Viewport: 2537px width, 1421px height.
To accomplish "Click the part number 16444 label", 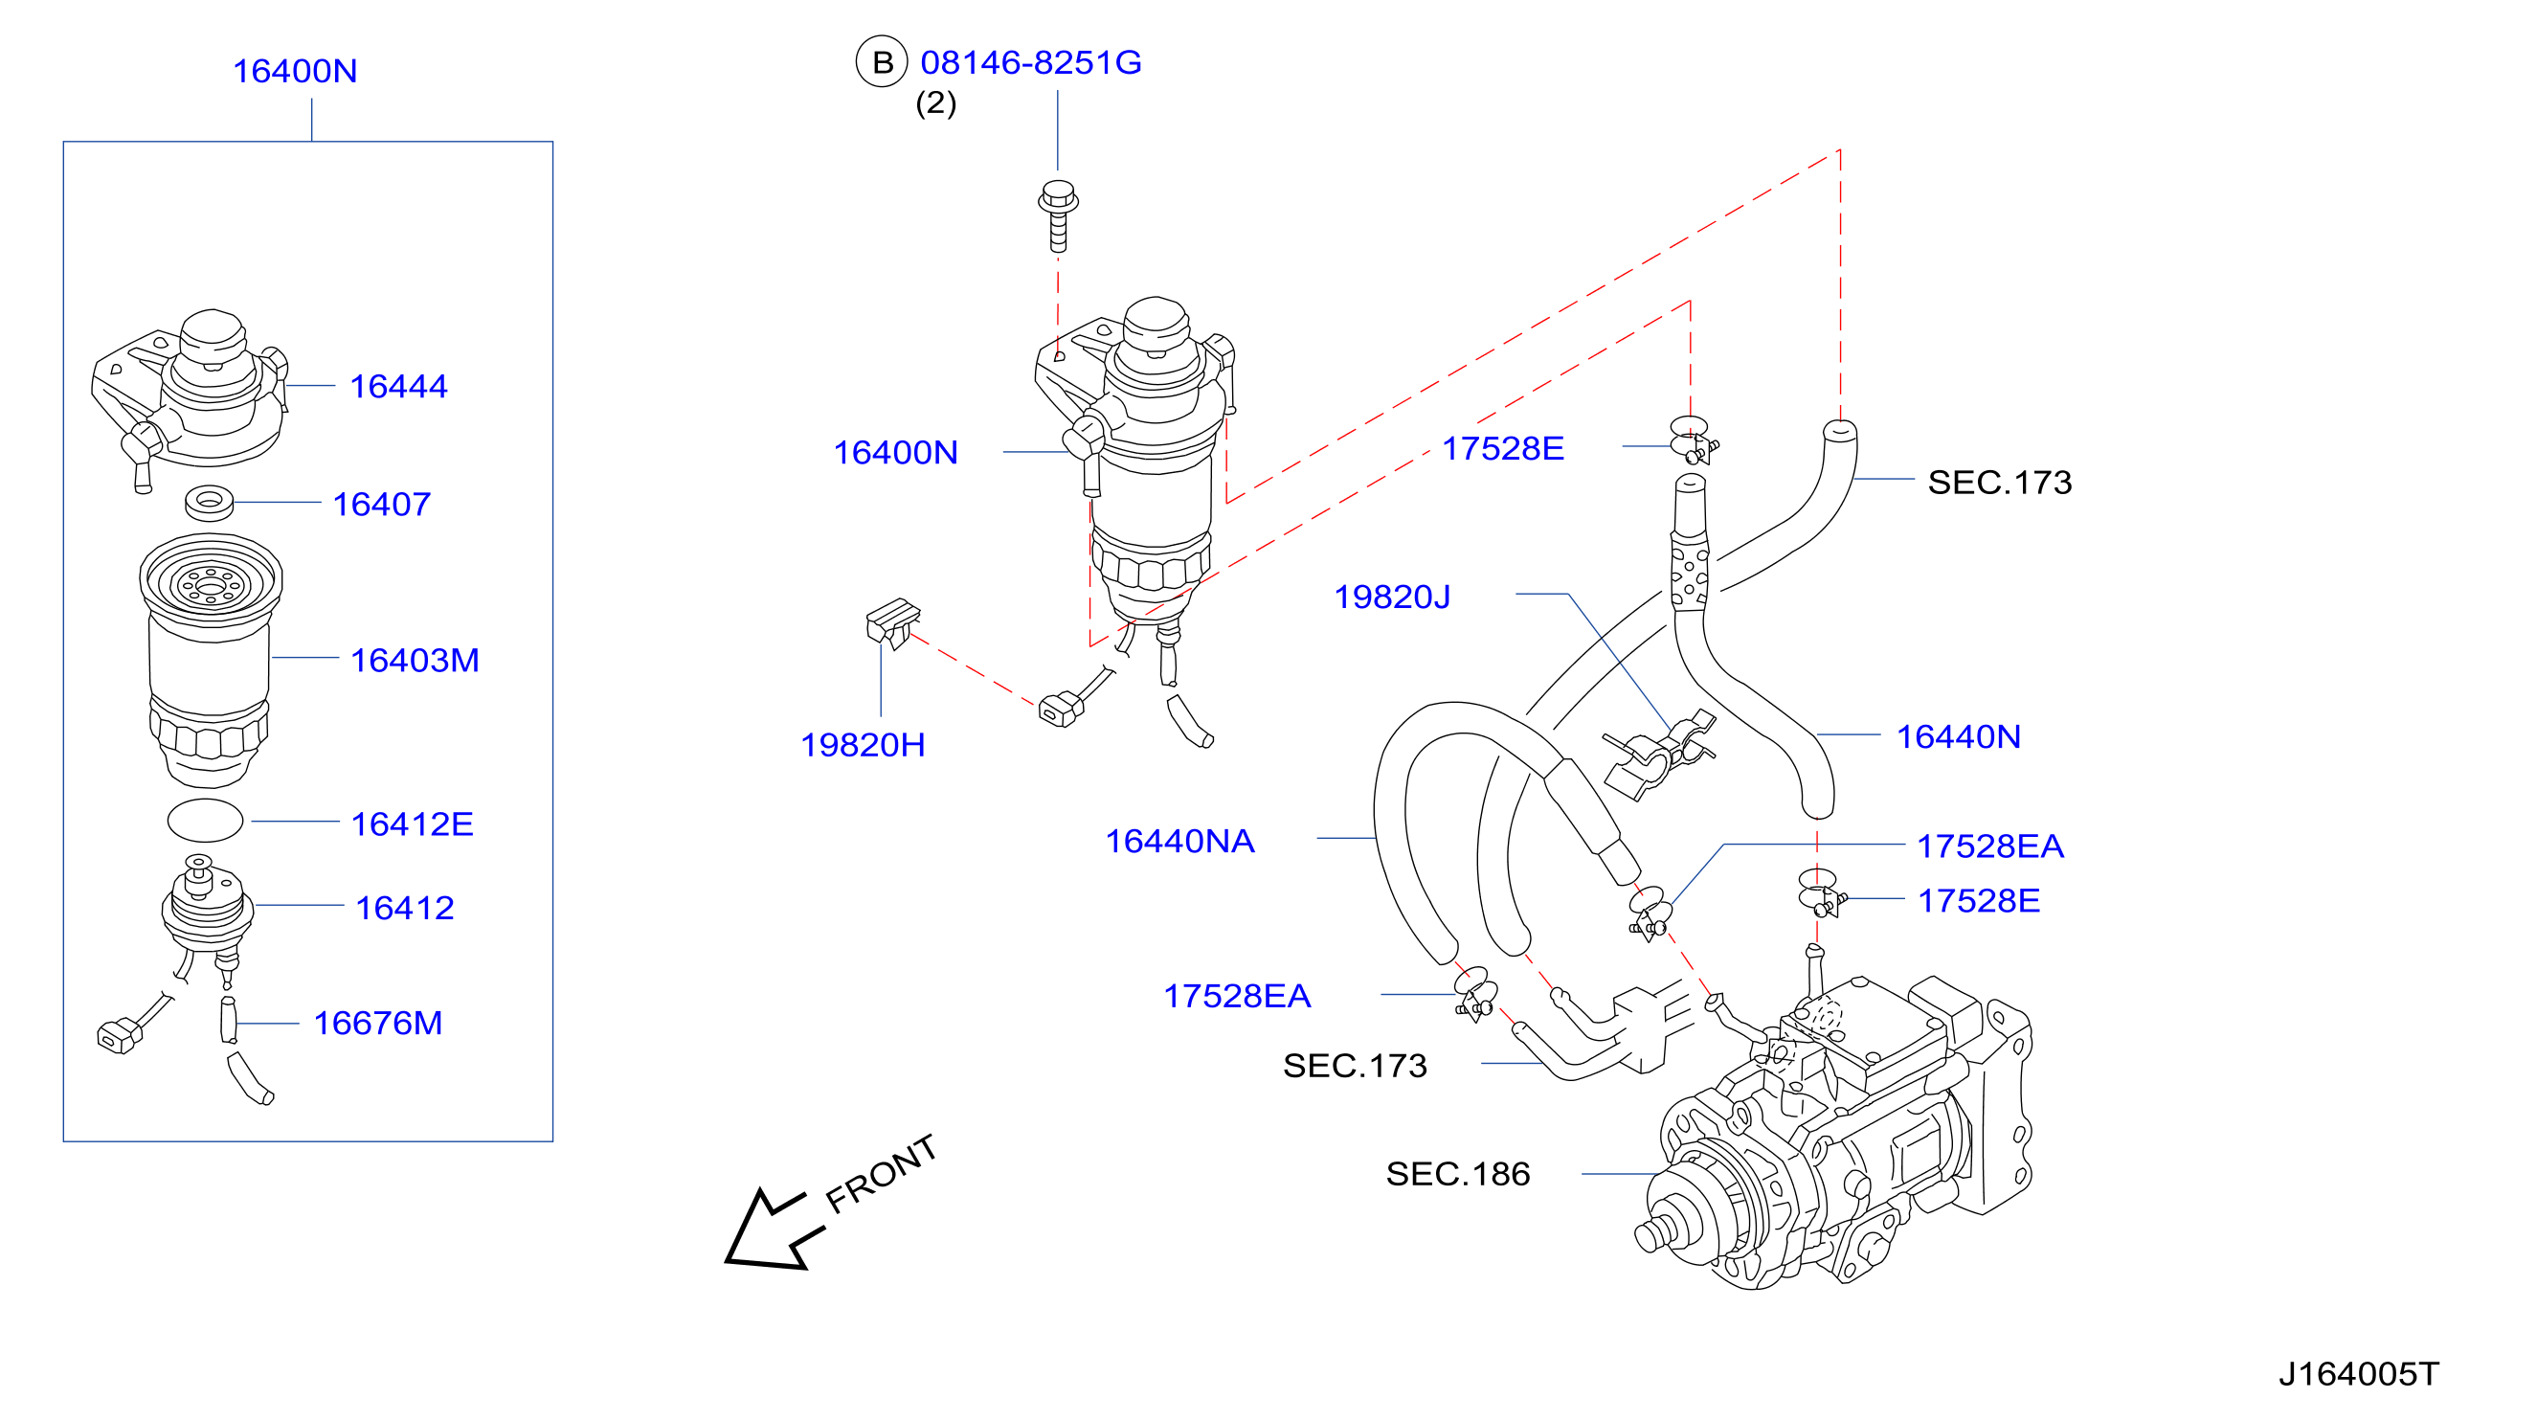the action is [398, 386].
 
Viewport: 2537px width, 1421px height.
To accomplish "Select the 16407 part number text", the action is [381, 505].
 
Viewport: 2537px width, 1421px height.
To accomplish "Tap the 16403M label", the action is [415, 660].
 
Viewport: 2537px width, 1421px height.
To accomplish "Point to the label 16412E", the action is [412, 823].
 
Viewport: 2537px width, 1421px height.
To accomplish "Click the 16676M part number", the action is [377, 1024].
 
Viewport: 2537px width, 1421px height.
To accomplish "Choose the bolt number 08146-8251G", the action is [1030, 62].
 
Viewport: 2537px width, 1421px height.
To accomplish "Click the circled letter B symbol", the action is [882, 62].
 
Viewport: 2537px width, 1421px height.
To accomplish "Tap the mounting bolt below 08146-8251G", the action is [1058, 215].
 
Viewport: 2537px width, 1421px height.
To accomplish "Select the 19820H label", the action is [863, 744].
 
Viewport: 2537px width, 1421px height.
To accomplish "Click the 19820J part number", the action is [1392, 597].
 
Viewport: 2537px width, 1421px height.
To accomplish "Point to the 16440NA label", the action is [1179, 841].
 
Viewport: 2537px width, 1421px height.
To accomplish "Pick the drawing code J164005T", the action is [2359, 1374].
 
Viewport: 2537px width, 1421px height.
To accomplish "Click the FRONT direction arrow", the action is [775, 1229].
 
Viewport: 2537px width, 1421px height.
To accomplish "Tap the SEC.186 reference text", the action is [1458, 1174].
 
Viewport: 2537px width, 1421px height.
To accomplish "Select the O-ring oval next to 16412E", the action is [205, 821].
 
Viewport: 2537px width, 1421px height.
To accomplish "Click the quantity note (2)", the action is [935, 103].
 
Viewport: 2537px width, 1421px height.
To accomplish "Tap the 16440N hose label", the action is [1958, 736].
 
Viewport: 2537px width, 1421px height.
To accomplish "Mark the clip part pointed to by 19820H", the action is [892, 622].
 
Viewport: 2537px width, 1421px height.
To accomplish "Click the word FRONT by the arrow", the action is [881, 1174].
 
